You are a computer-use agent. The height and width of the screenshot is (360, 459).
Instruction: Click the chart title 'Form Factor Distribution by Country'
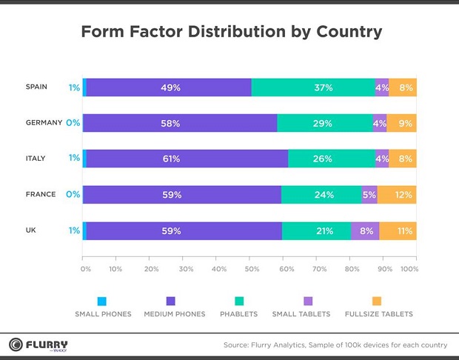click(231, 32)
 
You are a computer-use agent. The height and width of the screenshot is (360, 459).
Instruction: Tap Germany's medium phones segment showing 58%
click(180, 123)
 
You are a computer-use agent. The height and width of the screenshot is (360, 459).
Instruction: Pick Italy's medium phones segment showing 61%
click(187, 159)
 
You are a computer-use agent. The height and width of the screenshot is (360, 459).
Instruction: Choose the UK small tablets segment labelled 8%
click(365, 230)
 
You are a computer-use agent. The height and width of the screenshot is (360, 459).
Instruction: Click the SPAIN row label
click(36, 87)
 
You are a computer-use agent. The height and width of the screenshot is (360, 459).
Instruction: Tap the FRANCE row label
click(40, 194)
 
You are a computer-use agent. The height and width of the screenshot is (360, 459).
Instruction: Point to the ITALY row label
click(36, 158)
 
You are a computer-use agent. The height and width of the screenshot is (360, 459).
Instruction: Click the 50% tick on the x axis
click(252, 269)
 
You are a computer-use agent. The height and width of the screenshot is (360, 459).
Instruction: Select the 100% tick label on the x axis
click(409, 269)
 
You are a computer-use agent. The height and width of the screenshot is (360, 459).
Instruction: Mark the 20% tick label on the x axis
click(152, 269)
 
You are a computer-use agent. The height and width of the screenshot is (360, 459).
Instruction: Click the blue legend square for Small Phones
click(102, 301)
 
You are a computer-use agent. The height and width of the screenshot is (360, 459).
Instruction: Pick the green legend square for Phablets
click(238, 301)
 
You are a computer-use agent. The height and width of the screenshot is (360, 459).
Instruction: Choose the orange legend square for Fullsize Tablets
click(376, 301)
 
